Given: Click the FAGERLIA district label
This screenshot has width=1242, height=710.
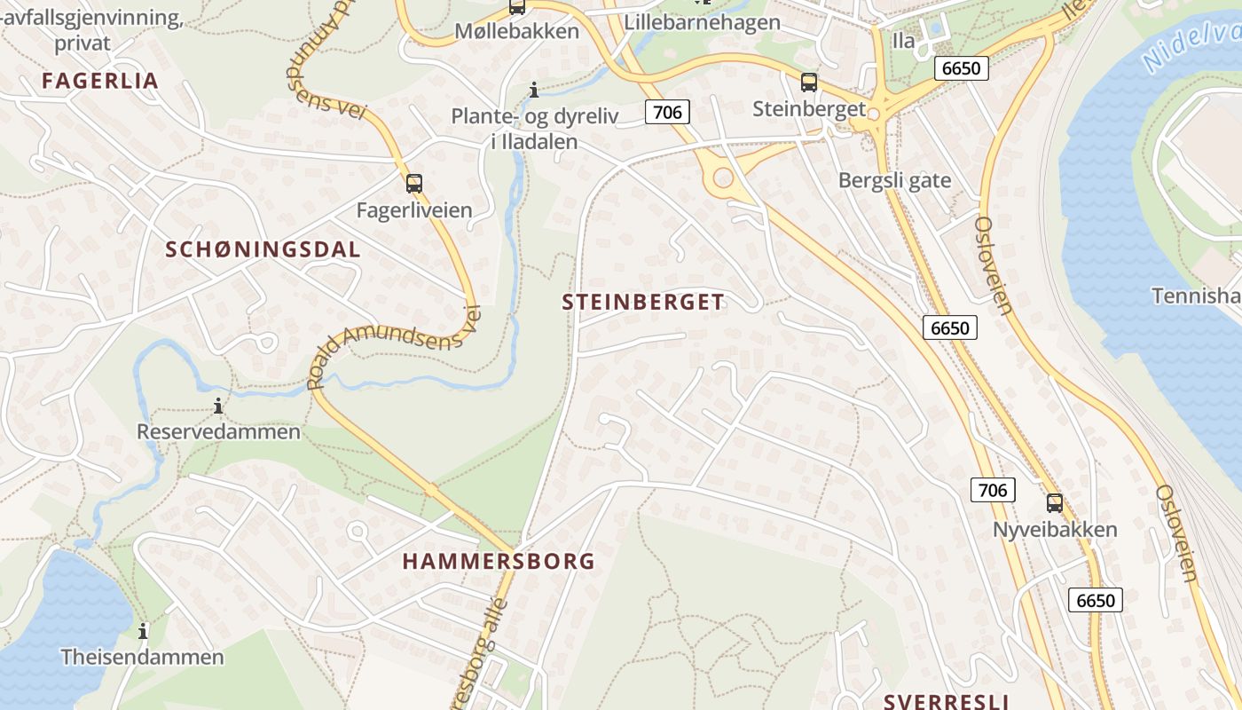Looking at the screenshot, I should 100,81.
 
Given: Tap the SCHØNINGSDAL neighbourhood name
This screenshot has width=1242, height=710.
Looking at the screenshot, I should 263,249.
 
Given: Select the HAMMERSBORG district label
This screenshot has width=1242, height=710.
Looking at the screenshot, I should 499,561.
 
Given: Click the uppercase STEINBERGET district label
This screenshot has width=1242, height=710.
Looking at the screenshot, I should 643,302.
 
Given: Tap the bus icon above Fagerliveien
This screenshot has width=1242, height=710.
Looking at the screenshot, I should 414,184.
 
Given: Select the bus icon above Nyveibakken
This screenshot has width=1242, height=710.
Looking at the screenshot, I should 1054,503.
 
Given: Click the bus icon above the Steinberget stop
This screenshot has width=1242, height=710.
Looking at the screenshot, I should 809,83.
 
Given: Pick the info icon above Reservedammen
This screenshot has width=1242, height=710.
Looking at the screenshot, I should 218,406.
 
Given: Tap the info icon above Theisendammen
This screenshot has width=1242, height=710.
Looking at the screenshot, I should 143,631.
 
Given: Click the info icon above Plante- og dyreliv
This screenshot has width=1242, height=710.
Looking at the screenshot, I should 534,90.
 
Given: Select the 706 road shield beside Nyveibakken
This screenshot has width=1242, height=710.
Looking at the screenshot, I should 993,489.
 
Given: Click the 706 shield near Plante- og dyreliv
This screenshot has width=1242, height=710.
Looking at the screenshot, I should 667,111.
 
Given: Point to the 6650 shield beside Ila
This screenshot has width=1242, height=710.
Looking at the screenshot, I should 962,68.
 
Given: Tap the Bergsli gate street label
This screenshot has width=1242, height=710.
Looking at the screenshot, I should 894,180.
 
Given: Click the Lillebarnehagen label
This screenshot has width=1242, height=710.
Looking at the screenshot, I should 703,22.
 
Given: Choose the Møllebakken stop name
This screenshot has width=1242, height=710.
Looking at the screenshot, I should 516,31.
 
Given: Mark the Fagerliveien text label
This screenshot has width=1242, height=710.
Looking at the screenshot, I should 414,210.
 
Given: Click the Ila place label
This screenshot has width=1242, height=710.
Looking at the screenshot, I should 903,40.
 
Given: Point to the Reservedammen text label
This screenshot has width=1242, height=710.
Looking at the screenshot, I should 218,432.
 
